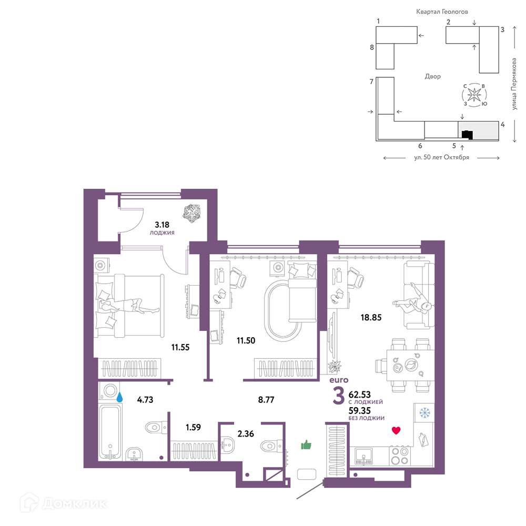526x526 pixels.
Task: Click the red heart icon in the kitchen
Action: click(x=396, y=430)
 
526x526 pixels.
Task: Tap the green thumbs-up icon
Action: click(x=306, y=445)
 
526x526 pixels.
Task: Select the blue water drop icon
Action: click(x=119, y=398)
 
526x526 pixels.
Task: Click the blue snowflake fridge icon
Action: click(x=424, y=412)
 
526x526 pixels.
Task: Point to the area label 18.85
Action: click(x=371, y=317)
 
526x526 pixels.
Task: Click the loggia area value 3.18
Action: click(x=162, y=225)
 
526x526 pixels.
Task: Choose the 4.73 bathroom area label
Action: click(x=145, y=400)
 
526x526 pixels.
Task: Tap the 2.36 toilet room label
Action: click(x=246, y=434)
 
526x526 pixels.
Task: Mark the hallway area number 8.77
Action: click(x=266, y=400)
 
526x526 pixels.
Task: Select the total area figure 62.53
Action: click(x=360, y=394)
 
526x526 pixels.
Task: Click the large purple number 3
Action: click(x=338, y=396)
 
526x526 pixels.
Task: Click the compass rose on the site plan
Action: click(x=474, y=95)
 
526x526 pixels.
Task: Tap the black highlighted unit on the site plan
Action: click(x=467, y=135)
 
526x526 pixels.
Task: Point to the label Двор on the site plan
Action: click(x=433, y=76)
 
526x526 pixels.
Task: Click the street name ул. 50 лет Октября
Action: click(x=441, y=157)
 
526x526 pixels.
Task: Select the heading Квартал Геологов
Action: click(x=442, y=12)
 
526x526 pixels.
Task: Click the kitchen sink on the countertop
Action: click(x=363, y=457)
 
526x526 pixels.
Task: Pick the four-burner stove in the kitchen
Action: click(x=400, y=456)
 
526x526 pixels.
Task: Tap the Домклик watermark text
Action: click(x=75, y=503)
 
